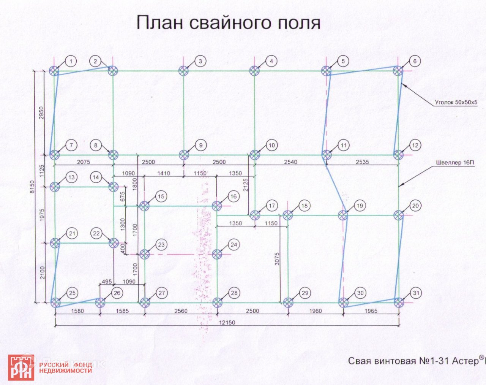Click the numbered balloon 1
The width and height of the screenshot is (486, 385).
pyautogui.click(x=71, y=61)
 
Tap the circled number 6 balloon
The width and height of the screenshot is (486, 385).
pyautogui.click(x=415, y=61)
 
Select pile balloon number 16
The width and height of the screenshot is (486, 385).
pyautogui.click(x=233, y=196)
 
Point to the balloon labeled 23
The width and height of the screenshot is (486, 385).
pyautogui.click(x=161, y=245)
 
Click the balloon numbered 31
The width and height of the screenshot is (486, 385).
pyautogui.click(x=416, y=293)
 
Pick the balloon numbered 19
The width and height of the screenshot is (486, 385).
pyautogui.click(x=360, y=206)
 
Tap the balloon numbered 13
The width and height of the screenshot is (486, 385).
pyautogui.click(x=71, y=177)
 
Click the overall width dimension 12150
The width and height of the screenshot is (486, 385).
pyautogui.click(x=227, y=323)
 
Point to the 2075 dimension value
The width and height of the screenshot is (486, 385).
pyautogui.click(x=84, y=162)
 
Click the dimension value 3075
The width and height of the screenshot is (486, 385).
pyautogui.click(x=277, y=259)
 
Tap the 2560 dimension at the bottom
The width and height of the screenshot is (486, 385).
pyautogui.click(x=181, y=311)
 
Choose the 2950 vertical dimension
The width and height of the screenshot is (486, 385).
pyautogui.click(x=42, y=113)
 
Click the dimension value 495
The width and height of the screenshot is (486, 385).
pyautogui.click(x=107, y=282)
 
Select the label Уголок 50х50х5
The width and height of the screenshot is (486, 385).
pyautogui.click(x=456, y=103)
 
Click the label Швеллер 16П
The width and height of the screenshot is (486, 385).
pyautogui.click(x=455, y=163)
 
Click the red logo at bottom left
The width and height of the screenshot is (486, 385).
pyautogui.click(x=21, y=368)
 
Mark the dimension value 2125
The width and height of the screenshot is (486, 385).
pyautogui.click(x=245, y=185)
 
